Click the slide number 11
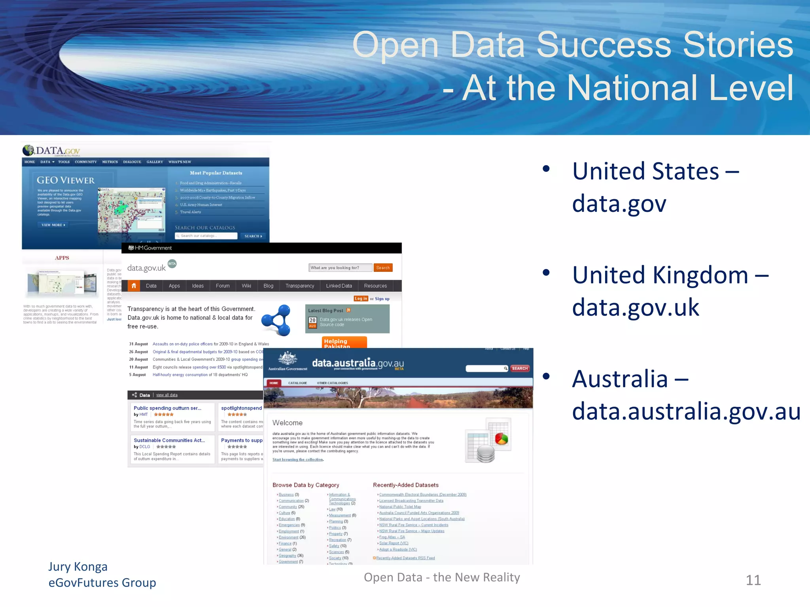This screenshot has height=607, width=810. click(x=753, y=580)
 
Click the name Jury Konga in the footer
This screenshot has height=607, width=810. click(x=78, y=567)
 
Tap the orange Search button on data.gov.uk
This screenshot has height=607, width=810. click(x=383, y=268)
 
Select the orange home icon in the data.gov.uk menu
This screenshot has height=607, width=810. click(x=134, y=286)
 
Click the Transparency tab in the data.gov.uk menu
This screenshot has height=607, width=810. click(x=300, y=286)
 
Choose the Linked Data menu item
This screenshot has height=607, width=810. click(x=339, y=286)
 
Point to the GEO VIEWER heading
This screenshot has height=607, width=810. click(x=66, y=181)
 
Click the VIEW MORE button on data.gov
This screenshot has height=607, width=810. click(x=53, y=225)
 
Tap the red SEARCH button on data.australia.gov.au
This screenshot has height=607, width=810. click(x=520, y=368)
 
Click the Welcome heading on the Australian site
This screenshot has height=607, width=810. click(x=287, y=423)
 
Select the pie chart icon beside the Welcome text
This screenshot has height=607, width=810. click(x=501, y=439)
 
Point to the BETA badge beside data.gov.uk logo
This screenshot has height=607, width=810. click(x=172, y=264)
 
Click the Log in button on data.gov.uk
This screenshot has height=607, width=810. click(x=360, y=299)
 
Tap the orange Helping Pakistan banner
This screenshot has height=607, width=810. click(x=344, y=343)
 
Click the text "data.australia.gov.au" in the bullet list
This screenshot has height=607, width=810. click(x=686, y=411)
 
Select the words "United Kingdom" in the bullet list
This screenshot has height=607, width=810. click(x=660, y=275)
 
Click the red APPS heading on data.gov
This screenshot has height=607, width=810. click(x=62, y=258)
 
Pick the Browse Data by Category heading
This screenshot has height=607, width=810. click(x=306, y=485)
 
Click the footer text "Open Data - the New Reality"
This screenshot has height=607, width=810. click(x=442, y=577)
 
